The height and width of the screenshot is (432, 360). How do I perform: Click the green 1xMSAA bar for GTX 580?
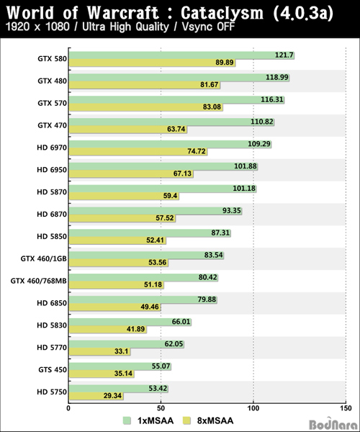tap(181, 55)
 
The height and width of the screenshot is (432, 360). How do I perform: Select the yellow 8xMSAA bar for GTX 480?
tap(145, 84)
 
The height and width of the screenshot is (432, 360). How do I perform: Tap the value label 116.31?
tap(272, 99)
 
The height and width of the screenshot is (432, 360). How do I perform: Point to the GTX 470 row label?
tap(53, 125)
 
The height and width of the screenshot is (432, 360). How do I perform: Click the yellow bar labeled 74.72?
tap(138, 151)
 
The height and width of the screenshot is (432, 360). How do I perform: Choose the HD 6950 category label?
tap(52, 170)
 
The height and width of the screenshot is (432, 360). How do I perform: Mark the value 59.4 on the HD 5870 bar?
tap(170, 196)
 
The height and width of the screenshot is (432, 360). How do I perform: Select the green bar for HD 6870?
tap(156, 211)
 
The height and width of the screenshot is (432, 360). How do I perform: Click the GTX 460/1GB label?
tap(43, 258)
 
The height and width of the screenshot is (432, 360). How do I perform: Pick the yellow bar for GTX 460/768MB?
tap(117, 284)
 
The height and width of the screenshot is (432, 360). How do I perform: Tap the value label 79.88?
tap(207, 300)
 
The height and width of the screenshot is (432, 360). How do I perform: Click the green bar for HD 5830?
tap(130, 322)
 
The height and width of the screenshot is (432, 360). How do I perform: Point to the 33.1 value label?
tap(121, 351)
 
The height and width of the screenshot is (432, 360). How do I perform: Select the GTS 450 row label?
tap(53, 369)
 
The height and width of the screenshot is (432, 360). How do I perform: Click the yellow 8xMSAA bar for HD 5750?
tap(96, 396)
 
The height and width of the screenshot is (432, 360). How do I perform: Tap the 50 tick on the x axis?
tap(161, 408)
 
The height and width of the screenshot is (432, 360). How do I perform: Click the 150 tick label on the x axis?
tap(346, 408)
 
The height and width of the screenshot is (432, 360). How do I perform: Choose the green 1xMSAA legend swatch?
tap(127, 420)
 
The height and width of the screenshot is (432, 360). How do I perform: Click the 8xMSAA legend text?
tap(215, 420)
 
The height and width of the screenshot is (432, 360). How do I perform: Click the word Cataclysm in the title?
tap(222, 13)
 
